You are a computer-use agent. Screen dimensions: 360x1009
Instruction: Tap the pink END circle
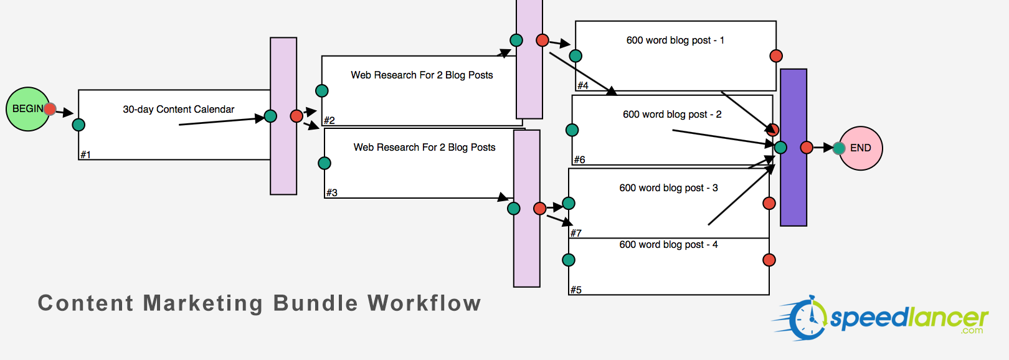pyautogui.click(x=863, y=148)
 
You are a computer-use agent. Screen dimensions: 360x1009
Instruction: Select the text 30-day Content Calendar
pyautogui.click(x=178, y=110)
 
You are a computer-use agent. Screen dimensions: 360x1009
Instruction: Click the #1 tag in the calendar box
pyautogui.click(x=85, y=154)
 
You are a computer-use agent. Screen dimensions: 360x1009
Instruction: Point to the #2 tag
pyautogui.click(x=329, y=120)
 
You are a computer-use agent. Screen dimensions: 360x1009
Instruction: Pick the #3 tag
pyautogui.click(x=332, y=192)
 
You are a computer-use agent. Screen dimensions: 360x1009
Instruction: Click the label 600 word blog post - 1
pyautogui.click(x=675, y=40)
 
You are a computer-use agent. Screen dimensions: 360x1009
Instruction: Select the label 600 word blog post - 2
pyautogui.click(x=672, y=115)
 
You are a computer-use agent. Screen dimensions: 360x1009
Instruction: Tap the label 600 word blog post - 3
pyautogui.click(x=668, y=188)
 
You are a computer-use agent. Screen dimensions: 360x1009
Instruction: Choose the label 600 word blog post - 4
pyautogui.click(x=668, y=245)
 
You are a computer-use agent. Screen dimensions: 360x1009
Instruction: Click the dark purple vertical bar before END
pyautogui.click(x=793, y=187)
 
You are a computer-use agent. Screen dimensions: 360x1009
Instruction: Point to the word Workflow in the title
pyautogui.click(x=424, y=303)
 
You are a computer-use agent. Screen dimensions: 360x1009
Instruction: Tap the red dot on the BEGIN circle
pyautogui.click(x=50, y=110)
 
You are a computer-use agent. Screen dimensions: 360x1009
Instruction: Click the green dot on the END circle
pyautogui.click(x=839, y=148)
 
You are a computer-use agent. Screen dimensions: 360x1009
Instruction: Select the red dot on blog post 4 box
pyautogui.click(x=769, y=260)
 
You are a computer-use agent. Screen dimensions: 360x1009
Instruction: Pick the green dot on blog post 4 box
pyautogui.click(x=569, y=260)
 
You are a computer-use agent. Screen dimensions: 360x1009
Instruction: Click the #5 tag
pyautogui.click(x=576, y=290)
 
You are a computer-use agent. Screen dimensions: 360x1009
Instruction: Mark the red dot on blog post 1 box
pyautogui.click(x=776, y=56)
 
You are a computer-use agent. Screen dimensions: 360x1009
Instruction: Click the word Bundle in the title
pyautogui.click(x=315, y=303)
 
